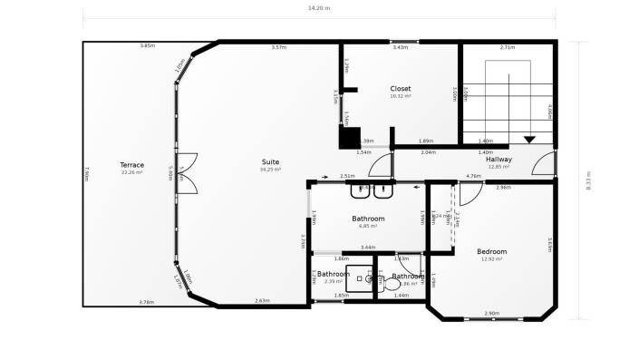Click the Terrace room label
pyautogui.click(x=132, y=165)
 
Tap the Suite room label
pyautogui.click(x=270, y=161)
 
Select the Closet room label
pyautogui.click(x=400, y=89)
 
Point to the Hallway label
pyautogui.click(x=499, y=160)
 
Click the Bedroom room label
pyautogui.click(x=491, y=251)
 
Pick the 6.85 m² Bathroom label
pyautogui.click(x=368, y=219)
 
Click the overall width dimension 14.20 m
pyautogui.click(x=319, y=8)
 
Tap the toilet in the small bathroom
pyautogui.click(x=392, y=284)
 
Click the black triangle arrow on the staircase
pyautogui.click(x=529, y=139)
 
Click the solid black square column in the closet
pyautogui.click(x=349, y=138)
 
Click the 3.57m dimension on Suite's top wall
pyautogui.click(x=279, y=47)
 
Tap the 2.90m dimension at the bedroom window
pyautogui.click(x=491, y=313)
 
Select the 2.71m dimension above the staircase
pyautogui.click(x=508, y=47)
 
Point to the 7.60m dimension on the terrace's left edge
pyautogui.click(x=86, y=172)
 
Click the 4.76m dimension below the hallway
pyautogui.click(x=473, y=176)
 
